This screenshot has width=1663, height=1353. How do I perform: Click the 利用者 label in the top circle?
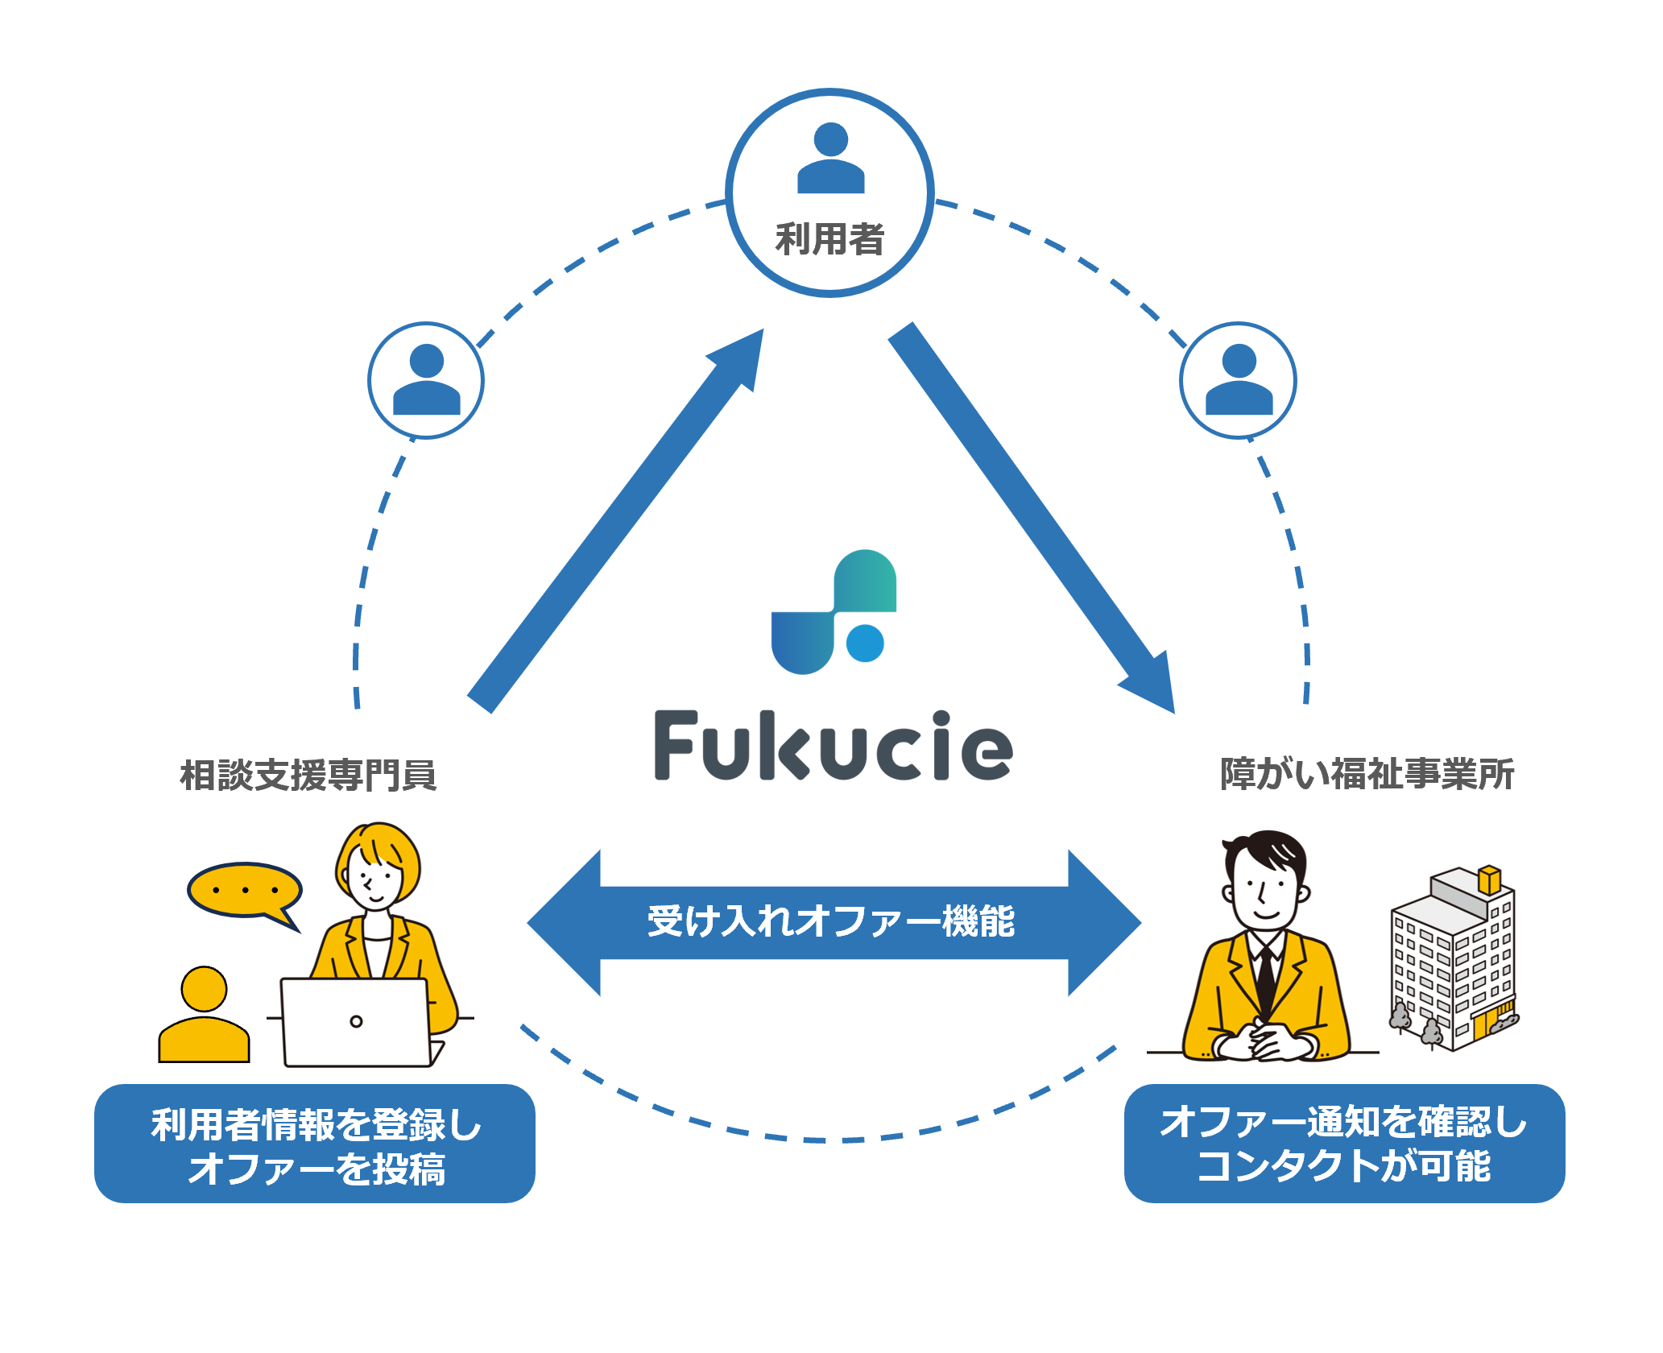click(829, 239)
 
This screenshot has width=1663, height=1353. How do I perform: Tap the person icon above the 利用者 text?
click(830, 159)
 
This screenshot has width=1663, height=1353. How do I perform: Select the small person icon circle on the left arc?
click(426, 380)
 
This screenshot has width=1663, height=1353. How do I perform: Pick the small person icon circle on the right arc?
click(1238, 380)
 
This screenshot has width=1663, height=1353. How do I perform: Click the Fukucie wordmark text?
click(833, 746)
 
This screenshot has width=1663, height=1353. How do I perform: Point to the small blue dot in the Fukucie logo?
click(865, 643)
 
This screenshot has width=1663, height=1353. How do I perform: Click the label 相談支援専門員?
click(308, 775)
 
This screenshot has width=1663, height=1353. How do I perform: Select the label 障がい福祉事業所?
click(1367, 774)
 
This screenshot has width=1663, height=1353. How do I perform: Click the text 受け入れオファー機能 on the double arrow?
click(831, 921)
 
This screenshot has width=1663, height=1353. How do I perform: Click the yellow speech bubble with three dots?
click(244, 891)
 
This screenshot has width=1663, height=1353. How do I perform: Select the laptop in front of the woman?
click(356, 1022)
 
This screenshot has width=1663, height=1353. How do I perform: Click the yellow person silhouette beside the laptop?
click(204, 1017)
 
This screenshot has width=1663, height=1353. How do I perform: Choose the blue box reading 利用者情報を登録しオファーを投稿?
click(315, 1144)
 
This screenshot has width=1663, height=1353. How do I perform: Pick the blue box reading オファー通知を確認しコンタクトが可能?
click(1344, 1144)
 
